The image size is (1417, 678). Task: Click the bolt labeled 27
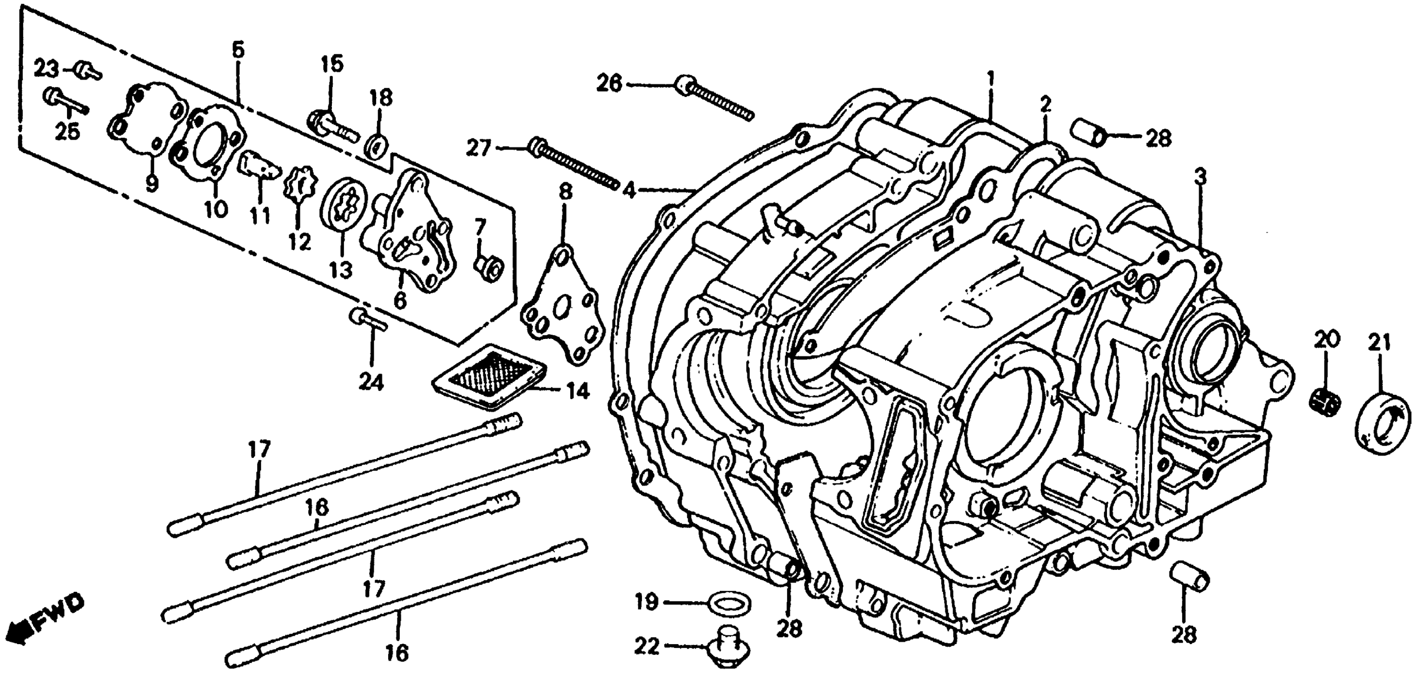click(x=572, y=162)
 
